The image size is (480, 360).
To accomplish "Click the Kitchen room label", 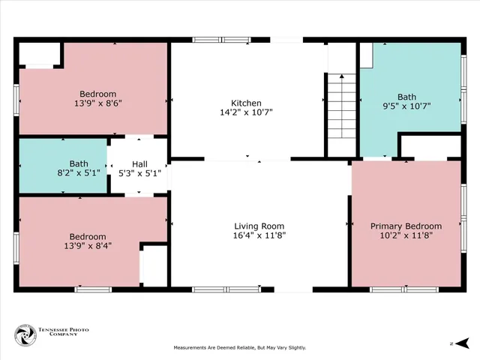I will (x=246, y=103).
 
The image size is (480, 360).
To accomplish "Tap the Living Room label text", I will (x=259, y=226).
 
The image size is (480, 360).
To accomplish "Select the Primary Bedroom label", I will (x=406, y=226).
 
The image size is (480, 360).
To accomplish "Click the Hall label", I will (x=140, y=163).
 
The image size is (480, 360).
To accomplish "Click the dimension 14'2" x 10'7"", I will (x=246, y=112).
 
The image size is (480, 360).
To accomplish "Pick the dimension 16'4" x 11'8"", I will (x=259, y=235).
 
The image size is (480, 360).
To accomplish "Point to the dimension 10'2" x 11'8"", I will (x=406, y=235).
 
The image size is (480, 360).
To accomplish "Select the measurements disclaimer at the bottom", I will (x=240, y=348).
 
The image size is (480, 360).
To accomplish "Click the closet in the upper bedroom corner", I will (x=40, y=55).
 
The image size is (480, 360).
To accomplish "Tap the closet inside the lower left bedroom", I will (x=154, y=265).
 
